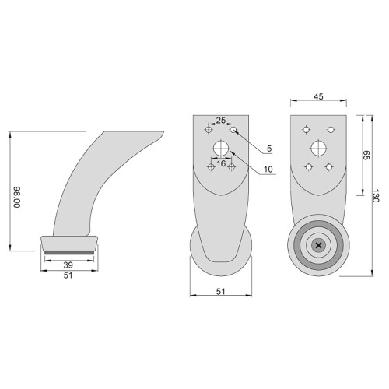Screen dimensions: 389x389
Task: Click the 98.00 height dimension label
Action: pyautogui.click(x=17, y=197)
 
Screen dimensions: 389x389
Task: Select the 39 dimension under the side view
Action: pyautogui.click(x=68, y=265)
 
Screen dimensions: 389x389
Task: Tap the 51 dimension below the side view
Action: pyautogui.click(x=68, y=275)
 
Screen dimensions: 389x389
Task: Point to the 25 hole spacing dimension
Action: pyautogui.click(x=221, y=121)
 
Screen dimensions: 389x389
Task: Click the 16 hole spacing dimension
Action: pyautogui.click(x=221, y=163)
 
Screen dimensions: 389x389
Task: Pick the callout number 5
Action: pyautogui.click(x=269, y=149)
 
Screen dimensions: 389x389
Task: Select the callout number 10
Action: pyautogui.click(x=268, y=170)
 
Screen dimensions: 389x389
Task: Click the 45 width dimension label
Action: pyautogui.click(x=318, y=96)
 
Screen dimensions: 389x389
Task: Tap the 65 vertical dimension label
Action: pyautogui.click(x=366, y=155)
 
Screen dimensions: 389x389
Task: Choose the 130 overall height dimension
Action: pyautogui.click(x=376, y=196)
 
